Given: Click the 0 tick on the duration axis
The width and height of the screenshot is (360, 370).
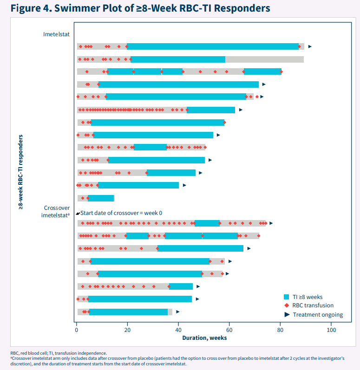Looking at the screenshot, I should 77,330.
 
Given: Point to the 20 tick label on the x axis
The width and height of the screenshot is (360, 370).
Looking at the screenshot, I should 127,330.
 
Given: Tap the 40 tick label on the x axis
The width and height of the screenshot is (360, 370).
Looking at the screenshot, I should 178,330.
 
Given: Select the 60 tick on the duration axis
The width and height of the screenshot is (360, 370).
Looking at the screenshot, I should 229,330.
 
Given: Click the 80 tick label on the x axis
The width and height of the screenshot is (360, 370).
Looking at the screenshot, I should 280,330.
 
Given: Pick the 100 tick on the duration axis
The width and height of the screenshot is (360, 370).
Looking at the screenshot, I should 331,330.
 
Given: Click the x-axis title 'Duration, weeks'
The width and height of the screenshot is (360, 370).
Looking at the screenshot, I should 204,338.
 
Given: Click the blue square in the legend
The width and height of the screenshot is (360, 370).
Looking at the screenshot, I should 287,297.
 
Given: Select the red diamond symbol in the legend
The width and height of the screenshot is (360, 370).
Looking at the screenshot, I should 287,305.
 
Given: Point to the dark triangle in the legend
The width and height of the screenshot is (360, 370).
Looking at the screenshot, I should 287,314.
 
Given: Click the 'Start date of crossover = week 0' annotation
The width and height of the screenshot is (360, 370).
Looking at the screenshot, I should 121,214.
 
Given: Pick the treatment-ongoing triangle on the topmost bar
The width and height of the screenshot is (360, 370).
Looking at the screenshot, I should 310,46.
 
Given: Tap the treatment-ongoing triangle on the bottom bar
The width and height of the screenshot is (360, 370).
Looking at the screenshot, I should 177,312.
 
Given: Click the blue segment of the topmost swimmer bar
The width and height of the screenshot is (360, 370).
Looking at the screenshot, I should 213,46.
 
